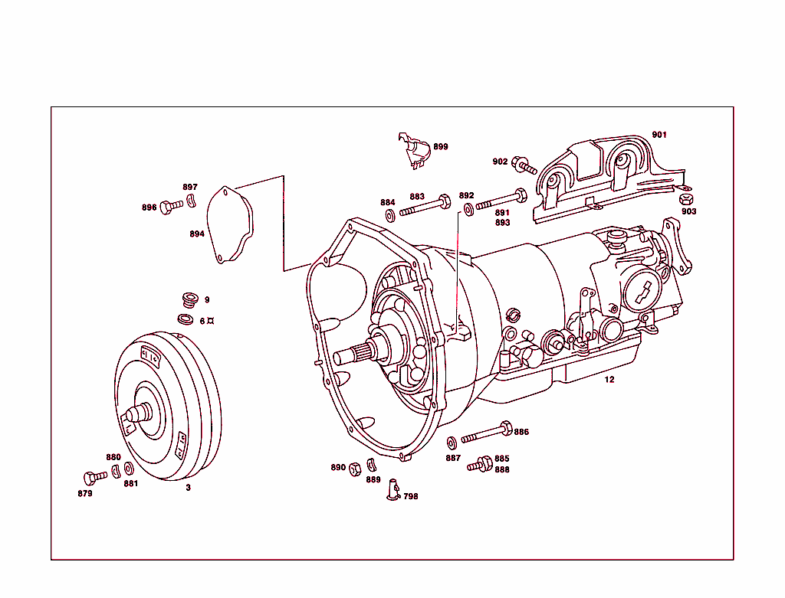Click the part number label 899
coord(440,146)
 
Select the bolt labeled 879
coord(95,478)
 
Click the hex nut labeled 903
coord(687,200)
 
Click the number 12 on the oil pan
coord(609,379)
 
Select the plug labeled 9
coord(189,299)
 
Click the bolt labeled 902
coord(524,163)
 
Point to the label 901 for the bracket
coord(659,135)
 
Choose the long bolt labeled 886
coord(485,433)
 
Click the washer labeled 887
coord(452,442)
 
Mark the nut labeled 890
coord(355,468)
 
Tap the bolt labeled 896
coord(170,206)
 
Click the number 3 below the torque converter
coord(188,487)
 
